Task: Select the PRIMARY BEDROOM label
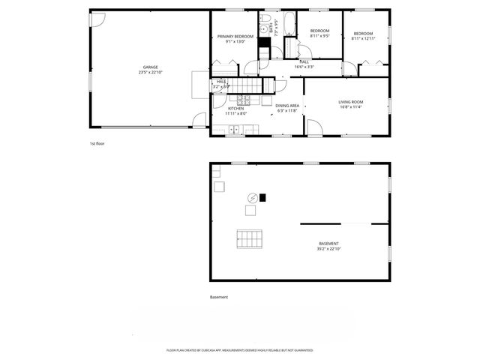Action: click(x=235, y=36)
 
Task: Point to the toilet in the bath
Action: click(x=265, y=19)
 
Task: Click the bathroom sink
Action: click(x=265, y=30)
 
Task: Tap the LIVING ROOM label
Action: click(x=350, y=101)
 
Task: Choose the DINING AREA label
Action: click(x=287, y=106)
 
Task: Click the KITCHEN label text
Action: click(x=236, y=109)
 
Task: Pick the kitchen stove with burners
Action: click(x=244, y=99)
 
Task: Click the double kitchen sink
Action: click(x=234, y=129)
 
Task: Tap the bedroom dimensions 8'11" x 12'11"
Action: click(x=363, y=39)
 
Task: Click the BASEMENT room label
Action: click(x=328, y=244)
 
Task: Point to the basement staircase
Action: click(x=250, y=240)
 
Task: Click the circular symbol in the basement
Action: click(x=253, y=198)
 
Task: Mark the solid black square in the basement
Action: click(x=262, y=198)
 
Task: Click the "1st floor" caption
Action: click(x=97, y=143)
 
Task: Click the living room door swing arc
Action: click(x=313, y=128)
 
